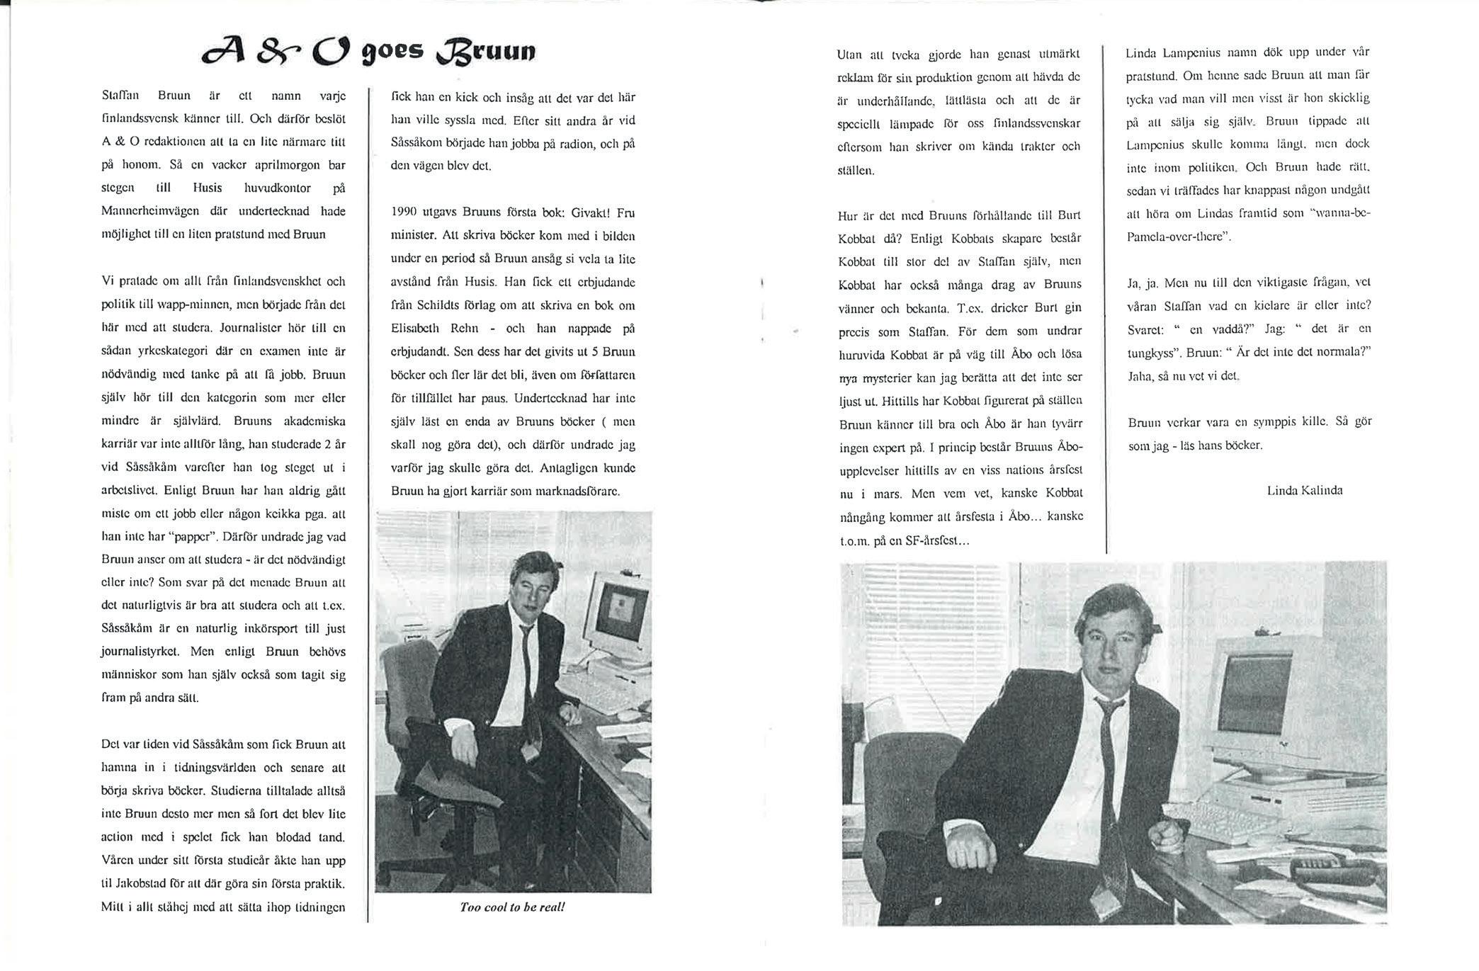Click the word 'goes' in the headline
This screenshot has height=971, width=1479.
click(393, 51)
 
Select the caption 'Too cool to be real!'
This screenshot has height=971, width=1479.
click(512, 907)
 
